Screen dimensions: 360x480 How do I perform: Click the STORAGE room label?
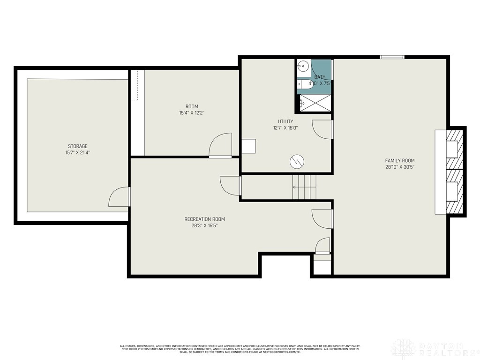tap(77, 146)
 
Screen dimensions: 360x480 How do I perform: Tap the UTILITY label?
tap(285, 121)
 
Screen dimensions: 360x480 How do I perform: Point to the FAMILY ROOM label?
tap(400, 160)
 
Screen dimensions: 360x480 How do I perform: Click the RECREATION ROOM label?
tap(204, 219)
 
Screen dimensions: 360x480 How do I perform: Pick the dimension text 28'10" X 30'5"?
tap(400, 166)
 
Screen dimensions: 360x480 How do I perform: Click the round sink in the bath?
tap(303, 66)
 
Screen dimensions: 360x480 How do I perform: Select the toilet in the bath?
tap(305, 84)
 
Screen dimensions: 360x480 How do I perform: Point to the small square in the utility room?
tap(248, 146)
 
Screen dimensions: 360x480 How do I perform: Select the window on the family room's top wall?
tap(392, 57)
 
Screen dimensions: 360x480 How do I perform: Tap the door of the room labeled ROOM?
tap(221, 145)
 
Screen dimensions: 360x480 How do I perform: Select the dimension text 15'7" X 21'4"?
tap(77, 152)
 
